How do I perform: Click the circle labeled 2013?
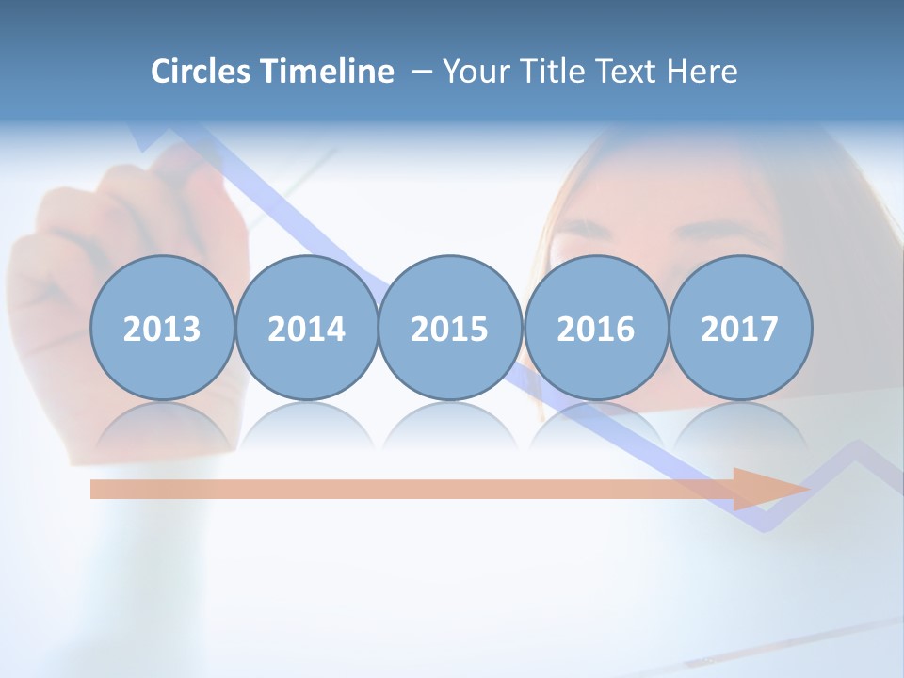coord(162,329)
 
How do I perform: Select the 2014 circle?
coord(307,329)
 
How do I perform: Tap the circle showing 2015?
coord(450,329)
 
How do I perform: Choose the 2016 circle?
coord(595,329)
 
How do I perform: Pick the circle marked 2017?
coord(740,329)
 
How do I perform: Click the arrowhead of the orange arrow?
coord(772,489)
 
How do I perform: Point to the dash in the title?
coord(421,73)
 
